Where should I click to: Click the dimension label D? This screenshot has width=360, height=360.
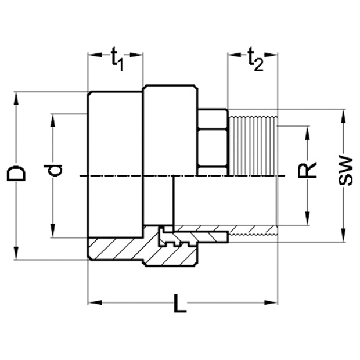coord(19,173)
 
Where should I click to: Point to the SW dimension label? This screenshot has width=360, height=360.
coord(345,170)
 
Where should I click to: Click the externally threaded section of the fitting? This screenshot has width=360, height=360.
coord(254,145)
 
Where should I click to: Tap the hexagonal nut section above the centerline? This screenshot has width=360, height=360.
coord(212,142)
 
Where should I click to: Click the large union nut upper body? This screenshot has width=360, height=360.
coord(170,131)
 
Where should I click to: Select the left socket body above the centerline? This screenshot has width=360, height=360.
coord(115,134)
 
